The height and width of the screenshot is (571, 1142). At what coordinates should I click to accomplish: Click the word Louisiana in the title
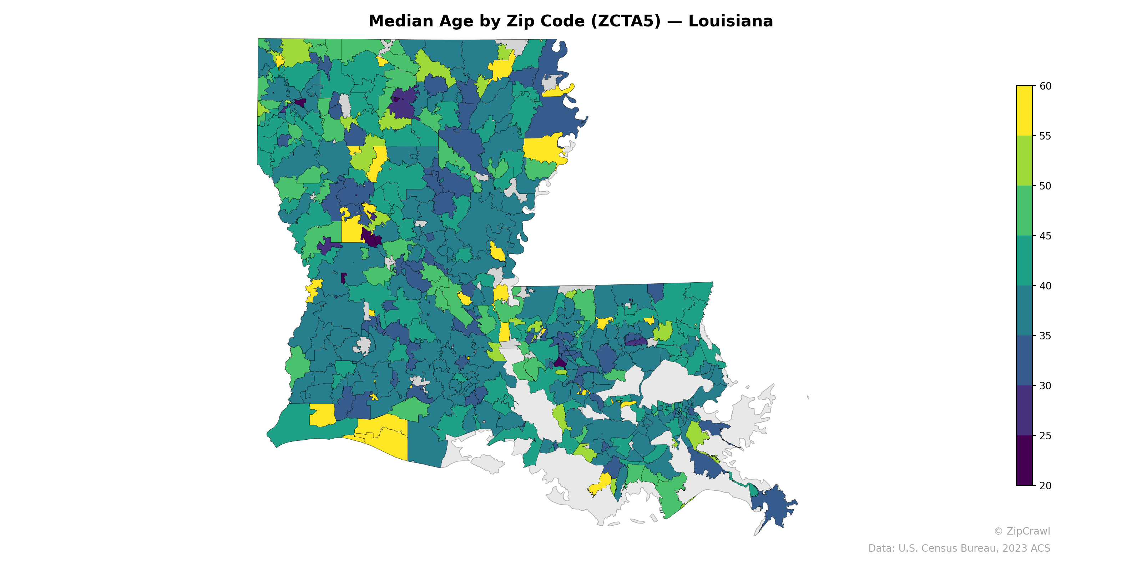point(730,21)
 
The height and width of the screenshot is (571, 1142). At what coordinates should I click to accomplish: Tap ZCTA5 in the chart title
point(626,21)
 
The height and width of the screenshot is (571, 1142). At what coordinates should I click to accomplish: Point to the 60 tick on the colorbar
point(1045,86)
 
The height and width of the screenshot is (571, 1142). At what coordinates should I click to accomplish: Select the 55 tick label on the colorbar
point(1045,136)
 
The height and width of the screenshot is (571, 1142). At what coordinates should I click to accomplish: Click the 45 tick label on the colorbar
point(1045,236)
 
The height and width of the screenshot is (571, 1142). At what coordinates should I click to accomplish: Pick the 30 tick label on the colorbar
point(1045,386)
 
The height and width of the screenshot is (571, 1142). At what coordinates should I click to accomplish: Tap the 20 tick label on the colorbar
point(1045,485)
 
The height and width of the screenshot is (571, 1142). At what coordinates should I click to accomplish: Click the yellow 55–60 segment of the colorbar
point(1024,111)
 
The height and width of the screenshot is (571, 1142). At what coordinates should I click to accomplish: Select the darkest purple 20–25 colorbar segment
point(1024,460)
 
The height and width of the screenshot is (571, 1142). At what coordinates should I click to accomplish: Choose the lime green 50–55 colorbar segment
point(1024,161)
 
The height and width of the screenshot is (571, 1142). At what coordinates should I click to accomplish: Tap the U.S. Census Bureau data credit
point(959,549)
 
